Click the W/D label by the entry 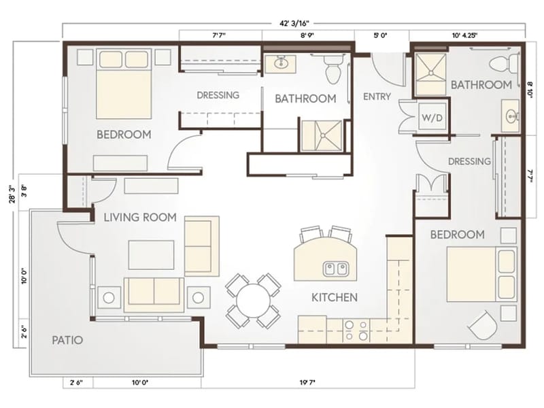(x=432, y=118)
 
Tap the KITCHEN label (x=335, y=297)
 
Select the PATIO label (x=67, y=340)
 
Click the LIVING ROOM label (x=140, y=218)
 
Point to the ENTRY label (x=377, y=97)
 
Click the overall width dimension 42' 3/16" (x=294, y=23)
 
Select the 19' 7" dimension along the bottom (x=307, y=383)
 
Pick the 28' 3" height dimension (x=13, y=194)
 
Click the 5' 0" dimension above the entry (x=380, y=35)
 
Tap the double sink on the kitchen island (x=335, y=269)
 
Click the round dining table (x=254, y=301)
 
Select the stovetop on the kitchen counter (x=356, y=330)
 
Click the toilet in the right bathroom (x=503, y=63)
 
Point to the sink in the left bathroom (x=280, y=63)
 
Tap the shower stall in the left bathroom (x=322, y=135)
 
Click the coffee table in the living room (x=151, y=255)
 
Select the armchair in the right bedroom (x=482, y=326)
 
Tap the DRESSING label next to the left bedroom (x=218, y=95)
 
